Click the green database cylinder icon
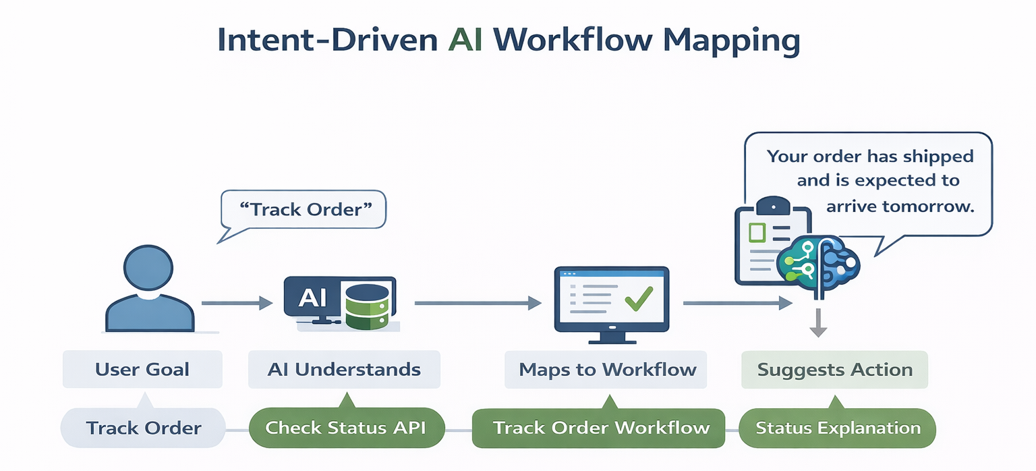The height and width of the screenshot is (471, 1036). tap(366, 306)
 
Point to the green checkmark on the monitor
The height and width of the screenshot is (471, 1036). tap(638, 298)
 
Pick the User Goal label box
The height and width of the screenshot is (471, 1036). tap(142, 370)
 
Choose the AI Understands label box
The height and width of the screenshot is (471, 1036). tap(344, 370)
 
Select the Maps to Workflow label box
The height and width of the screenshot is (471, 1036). tap(607, 370)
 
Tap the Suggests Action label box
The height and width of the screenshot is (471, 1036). tap(834, 370)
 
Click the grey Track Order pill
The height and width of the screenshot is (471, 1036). tap(143, 428)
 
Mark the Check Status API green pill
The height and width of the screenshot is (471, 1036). tap(345, 428)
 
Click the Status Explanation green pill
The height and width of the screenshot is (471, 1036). tap(838, 428)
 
